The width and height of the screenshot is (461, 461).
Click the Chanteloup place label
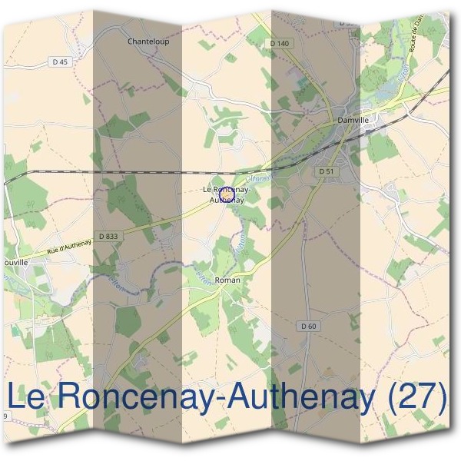(148, 41)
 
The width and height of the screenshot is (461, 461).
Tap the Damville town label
(353, 121)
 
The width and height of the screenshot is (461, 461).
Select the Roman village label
(227, 280)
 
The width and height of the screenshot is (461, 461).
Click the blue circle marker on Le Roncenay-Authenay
(227, 195)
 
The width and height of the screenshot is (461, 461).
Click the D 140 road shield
(280, 44)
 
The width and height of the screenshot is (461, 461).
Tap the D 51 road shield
(326, 171)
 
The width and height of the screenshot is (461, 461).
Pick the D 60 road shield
(308, 327)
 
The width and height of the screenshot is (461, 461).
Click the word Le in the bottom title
(28, 397)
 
